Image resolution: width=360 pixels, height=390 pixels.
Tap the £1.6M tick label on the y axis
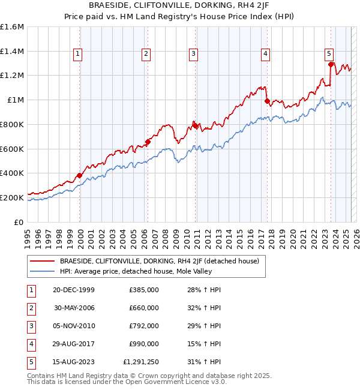[12, 27]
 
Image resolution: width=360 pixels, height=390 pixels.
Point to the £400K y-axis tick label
[12, 173]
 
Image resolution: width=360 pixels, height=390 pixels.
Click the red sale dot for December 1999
[79, 175]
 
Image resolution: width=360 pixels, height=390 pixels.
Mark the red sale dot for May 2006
[148, 142]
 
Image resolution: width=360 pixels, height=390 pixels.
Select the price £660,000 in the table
[144, 308]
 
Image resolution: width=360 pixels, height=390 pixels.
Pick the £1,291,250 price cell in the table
[141, 362]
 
